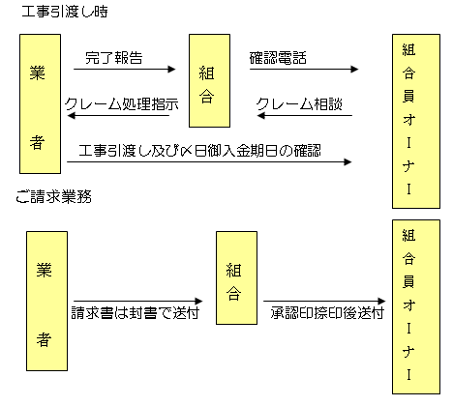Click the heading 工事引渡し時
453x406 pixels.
[65, 12]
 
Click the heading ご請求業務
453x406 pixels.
[53, 196]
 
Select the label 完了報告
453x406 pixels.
[114, 58]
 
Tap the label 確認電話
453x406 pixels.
[278, 58]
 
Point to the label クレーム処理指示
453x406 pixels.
[122, 104]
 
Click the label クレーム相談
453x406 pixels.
[299, 104]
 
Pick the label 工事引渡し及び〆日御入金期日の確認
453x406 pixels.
[200, 151]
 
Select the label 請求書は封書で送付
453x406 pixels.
[136, 313]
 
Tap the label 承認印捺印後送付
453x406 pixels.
[327, 313]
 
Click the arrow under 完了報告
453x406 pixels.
[125, 69]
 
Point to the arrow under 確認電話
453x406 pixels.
[304, 69]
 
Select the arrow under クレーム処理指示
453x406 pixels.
[118, 115]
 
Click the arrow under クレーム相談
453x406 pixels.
[305, 115]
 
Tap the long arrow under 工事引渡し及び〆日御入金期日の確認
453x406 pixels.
[209, 161]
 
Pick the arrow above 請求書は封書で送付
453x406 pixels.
[138, 302]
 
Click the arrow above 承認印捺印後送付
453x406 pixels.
[324, 302]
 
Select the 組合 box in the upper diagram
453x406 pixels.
[209, 80]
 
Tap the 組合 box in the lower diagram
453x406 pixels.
[236, 277]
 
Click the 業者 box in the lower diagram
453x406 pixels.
[46, 301]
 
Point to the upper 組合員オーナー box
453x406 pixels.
[416, 121]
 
